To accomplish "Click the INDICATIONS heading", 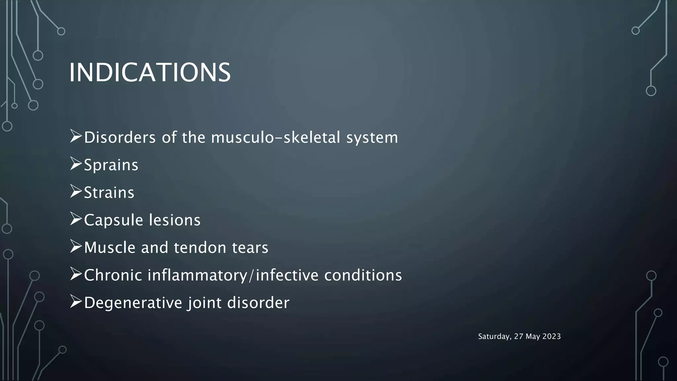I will [x=150, y=72].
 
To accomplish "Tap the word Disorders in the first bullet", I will [x=120, y=138].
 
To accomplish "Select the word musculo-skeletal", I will [x=275, y=138].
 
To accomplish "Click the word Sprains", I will [x=111, y=165].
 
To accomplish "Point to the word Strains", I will [x=109, y=192].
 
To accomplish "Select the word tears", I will [x=250, y=248].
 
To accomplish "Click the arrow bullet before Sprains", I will [x=76, y=164].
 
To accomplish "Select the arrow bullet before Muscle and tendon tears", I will [x=76, y=247].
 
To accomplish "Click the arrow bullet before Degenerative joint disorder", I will [x=76, y=302].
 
